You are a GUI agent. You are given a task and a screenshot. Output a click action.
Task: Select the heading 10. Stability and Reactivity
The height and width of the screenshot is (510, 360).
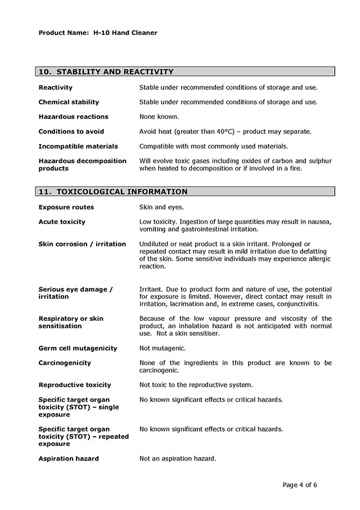click(106, 71)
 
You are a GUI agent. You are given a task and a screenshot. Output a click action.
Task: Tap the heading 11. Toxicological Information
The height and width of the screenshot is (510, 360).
click(113, 191)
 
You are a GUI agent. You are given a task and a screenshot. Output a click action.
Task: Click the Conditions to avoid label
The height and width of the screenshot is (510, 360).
click(71, 131)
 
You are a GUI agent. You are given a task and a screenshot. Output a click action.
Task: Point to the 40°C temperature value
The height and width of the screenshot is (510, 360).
click(224, 131)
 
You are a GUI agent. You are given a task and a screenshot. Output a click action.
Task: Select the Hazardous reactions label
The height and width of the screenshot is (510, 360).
click(73, 117)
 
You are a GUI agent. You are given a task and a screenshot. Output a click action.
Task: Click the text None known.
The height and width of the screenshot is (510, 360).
click(159, 117)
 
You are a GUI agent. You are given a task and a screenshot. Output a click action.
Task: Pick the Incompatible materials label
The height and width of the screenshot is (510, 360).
click(78, 146)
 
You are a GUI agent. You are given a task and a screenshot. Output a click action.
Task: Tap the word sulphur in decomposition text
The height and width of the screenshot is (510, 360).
click(319, 160)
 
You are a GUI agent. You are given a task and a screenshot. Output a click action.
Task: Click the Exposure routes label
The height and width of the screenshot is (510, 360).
click(66, 207)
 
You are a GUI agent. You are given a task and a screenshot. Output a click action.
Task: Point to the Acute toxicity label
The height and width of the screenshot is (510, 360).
click(62, 222)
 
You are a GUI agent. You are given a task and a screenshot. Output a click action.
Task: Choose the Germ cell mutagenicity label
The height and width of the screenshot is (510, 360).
click(78, 348)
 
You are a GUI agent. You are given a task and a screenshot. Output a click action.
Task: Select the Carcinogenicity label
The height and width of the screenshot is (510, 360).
click(64, 363)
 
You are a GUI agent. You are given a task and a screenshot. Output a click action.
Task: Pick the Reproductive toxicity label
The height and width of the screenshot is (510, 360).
click(74, 385)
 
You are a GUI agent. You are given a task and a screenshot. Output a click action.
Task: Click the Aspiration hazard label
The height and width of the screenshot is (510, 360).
click(68, 459)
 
